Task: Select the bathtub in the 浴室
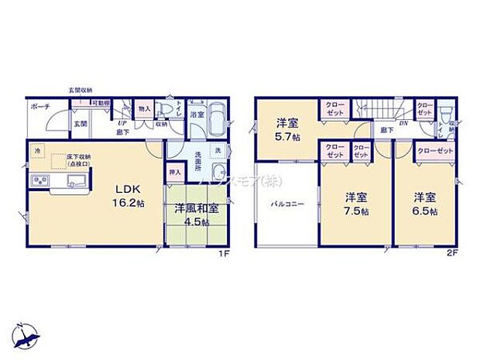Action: (215, 121)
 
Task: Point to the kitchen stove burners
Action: (38, 182)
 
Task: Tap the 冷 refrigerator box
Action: (38, 151)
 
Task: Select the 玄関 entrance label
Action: (81, 122)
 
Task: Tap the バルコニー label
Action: (286, 204)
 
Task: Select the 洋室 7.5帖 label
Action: (356, 203)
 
